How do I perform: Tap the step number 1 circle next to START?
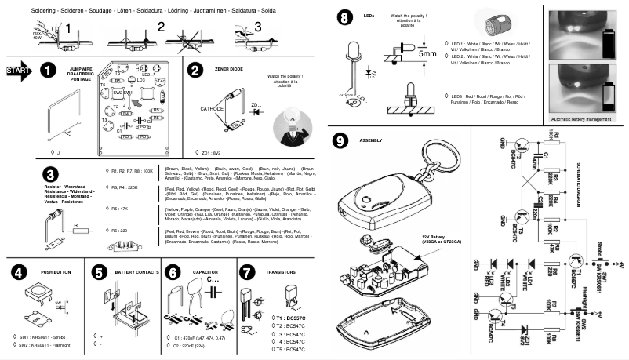(x=49, y=71)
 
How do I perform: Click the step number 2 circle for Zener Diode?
(x=195, y=70)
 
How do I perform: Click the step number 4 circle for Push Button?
(x=18, y=273)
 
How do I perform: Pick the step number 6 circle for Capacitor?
(x=173, y=273)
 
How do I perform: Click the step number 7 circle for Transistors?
(x=246, y=273)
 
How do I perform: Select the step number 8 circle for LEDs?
(x=343, y=17)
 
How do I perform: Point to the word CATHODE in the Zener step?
(x=213, y=108)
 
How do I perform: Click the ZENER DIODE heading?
(x=228, y=70)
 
